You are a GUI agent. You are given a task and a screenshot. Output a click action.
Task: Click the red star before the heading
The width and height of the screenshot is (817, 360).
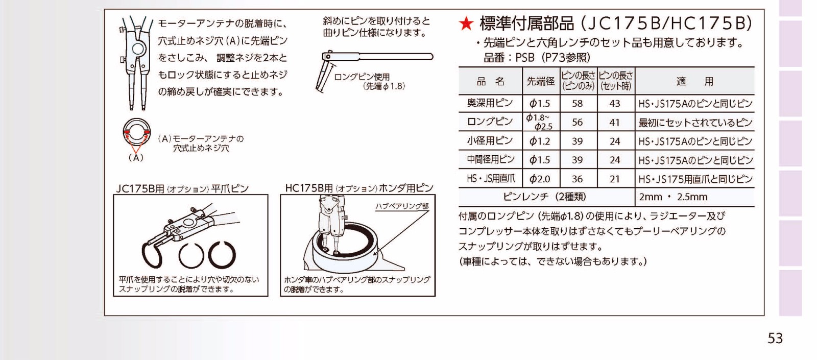(466, 23)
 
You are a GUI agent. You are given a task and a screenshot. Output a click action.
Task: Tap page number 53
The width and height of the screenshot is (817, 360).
(775, 339)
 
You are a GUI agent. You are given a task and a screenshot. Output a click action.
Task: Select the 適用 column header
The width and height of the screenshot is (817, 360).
(695, 81)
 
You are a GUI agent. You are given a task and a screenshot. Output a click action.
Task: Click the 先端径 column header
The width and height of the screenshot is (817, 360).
(541, 81)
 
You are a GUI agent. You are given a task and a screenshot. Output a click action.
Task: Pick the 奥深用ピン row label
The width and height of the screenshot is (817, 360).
(490, 103)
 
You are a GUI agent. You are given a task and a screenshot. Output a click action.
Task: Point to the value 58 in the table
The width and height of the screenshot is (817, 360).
(578, 104)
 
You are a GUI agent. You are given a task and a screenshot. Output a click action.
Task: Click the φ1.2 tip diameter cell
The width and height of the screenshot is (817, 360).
(539, 141)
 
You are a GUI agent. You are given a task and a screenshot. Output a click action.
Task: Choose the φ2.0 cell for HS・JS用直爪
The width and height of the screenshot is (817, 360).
(540, 179)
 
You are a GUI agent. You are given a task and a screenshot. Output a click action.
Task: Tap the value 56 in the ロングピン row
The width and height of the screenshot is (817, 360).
(578, 122)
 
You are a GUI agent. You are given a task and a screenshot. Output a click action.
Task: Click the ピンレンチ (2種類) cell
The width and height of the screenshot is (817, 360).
(544, 197)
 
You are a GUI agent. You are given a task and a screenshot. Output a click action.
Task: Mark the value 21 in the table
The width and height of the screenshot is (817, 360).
(615, 179)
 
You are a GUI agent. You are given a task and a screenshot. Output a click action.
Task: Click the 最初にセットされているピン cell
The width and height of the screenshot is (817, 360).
(695, 123)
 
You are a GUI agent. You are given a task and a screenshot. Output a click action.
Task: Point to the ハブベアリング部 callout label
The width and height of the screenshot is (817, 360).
(402, 206)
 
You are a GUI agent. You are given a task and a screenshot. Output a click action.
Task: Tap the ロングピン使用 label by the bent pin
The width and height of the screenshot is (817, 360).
(362, 77)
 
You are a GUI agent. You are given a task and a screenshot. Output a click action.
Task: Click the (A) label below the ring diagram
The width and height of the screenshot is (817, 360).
(136, 158)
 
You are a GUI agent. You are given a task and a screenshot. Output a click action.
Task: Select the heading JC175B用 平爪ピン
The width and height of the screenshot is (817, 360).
(182, 188)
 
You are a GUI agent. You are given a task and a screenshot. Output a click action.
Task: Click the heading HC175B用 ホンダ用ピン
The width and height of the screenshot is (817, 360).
(359, 188)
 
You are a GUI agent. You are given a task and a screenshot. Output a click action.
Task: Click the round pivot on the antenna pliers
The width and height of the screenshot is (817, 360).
(137, 49)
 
